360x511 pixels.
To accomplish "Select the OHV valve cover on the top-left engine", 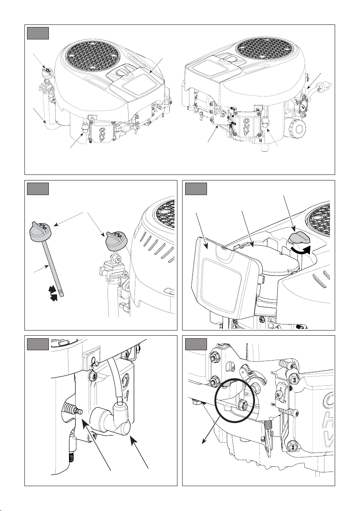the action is click(102, 134).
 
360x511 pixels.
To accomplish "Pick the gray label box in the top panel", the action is click(38, 33).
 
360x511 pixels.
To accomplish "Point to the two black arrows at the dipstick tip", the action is click(52, 293).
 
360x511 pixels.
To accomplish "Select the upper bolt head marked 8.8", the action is click(294, 379).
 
